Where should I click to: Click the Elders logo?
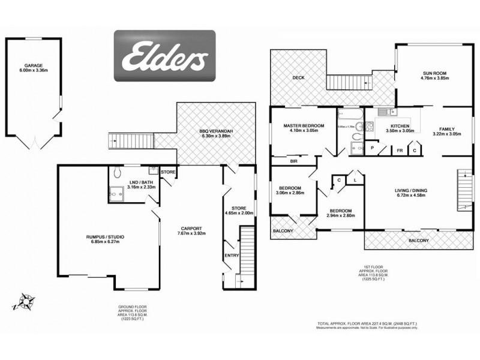[x=166, y=56]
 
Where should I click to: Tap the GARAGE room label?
[x=34, y=65]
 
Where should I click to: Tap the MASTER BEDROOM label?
[x=304, y=125]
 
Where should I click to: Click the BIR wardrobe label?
[x=294, y=161]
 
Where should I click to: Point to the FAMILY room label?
[x=446, y=129]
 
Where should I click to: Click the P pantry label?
[x=373, y=148]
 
